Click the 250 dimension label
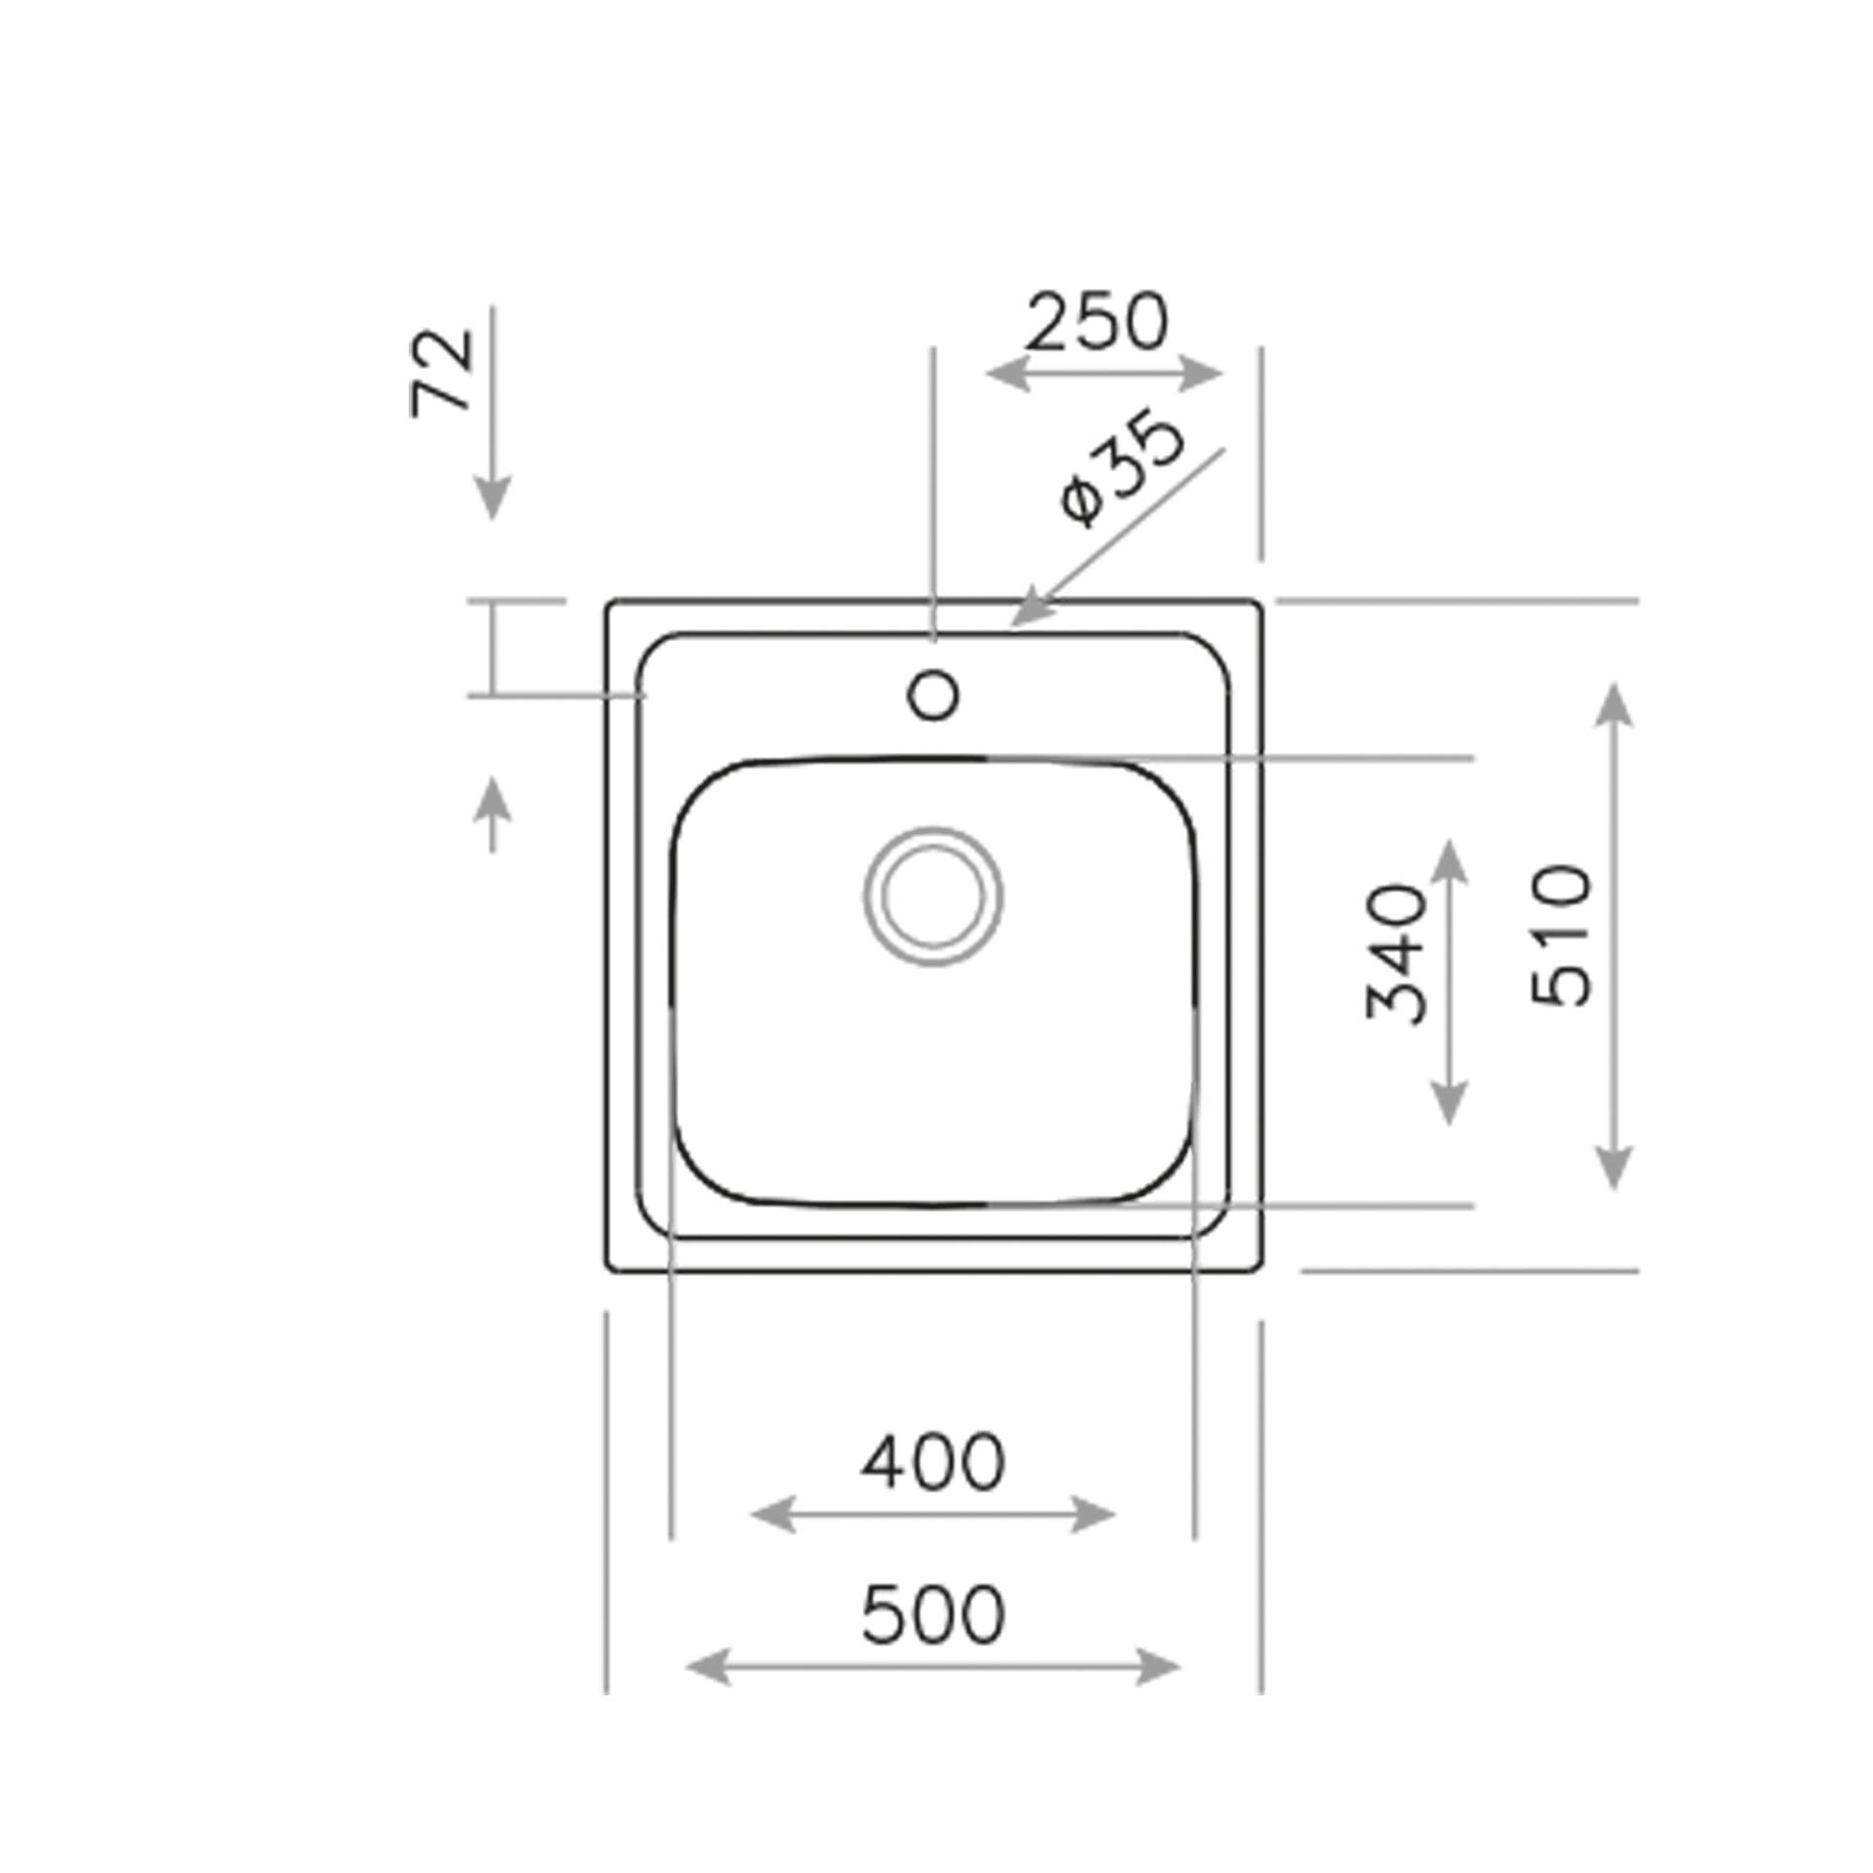click(x=1096, y=322)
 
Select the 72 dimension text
click(x=442, y=373)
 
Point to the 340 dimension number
click(x=1396, y=953)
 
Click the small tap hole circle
click(x=934, y=696)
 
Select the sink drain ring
click(x=934, y=897)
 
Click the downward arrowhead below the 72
click(x=493, y=499)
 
